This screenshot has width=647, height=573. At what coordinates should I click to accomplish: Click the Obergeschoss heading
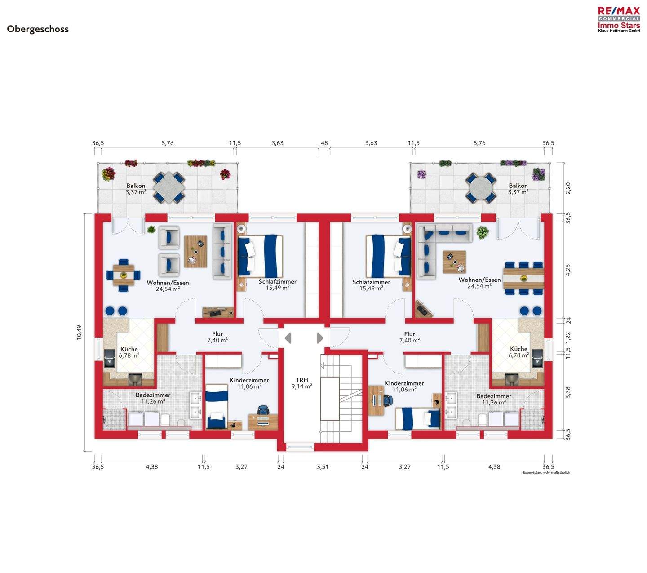tap(38, 29)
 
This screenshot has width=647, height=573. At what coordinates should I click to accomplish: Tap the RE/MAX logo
tap(619, 19)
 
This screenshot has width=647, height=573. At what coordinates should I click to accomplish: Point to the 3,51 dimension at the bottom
tap(323, 466)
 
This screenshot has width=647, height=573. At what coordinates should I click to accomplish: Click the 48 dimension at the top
tap(324, 143)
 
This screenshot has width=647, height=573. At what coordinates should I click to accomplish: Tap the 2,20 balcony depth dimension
tap(568, 188)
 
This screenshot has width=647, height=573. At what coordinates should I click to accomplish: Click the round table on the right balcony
tap(480, 188)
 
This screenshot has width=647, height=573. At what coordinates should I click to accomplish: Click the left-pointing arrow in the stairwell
tap(288, 338)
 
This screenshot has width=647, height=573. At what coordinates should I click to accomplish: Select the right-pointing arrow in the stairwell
tap(320, 338)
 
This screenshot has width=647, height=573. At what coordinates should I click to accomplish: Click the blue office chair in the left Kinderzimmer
tap(263, 410)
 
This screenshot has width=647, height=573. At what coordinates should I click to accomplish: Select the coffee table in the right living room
tap(454, 262)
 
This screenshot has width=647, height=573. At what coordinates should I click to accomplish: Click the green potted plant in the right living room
tap(483, 232)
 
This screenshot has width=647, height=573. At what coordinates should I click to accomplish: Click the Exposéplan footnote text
tap(546, 472)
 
